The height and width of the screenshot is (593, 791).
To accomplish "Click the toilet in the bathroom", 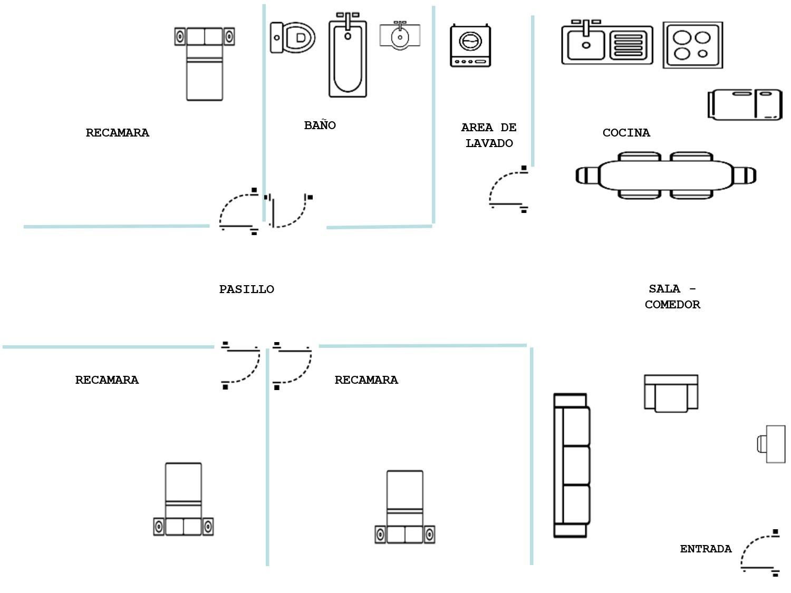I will [293, 37].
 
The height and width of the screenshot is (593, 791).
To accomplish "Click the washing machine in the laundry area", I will [470, 45].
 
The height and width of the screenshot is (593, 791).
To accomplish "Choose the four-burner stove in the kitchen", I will [692, 45].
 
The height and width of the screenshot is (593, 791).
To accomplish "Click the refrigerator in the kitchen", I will [745, 104].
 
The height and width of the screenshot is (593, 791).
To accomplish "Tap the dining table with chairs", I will [666, 175].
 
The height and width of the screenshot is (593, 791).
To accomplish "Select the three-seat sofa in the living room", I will [571, 465].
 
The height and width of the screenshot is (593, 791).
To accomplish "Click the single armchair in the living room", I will [671, 393].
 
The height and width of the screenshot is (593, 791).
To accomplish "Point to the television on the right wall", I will [772, 444].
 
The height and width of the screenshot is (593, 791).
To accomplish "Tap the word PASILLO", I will [246, 289].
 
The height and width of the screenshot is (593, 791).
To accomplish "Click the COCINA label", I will [626, 133].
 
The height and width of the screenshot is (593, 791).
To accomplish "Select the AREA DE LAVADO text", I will [489, 135].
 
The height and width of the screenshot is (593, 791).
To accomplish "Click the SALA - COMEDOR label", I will [672, 296].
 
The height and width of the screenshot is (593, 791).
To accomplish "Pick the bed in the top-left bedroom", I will [205, 63].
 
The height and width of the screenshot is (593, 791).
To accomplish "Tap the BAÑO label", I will [320, 125].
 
